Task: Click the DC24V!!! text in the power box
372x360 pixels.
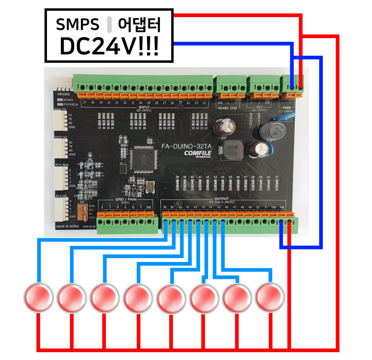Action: pyautogui.click(x=109, y=46)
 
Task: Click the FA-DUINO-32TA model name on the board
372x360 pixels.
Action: pyautogui.click(x=186, y=146)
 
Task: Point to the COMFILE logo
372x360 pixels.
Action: pyautogui.click(x=198, y=153)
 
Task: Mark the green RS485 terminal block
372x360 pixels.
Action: pyautogui.click(x=231, y=86)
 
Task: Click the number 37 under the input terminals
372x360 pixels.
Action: pyautogui.click(x=84, y=102)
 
